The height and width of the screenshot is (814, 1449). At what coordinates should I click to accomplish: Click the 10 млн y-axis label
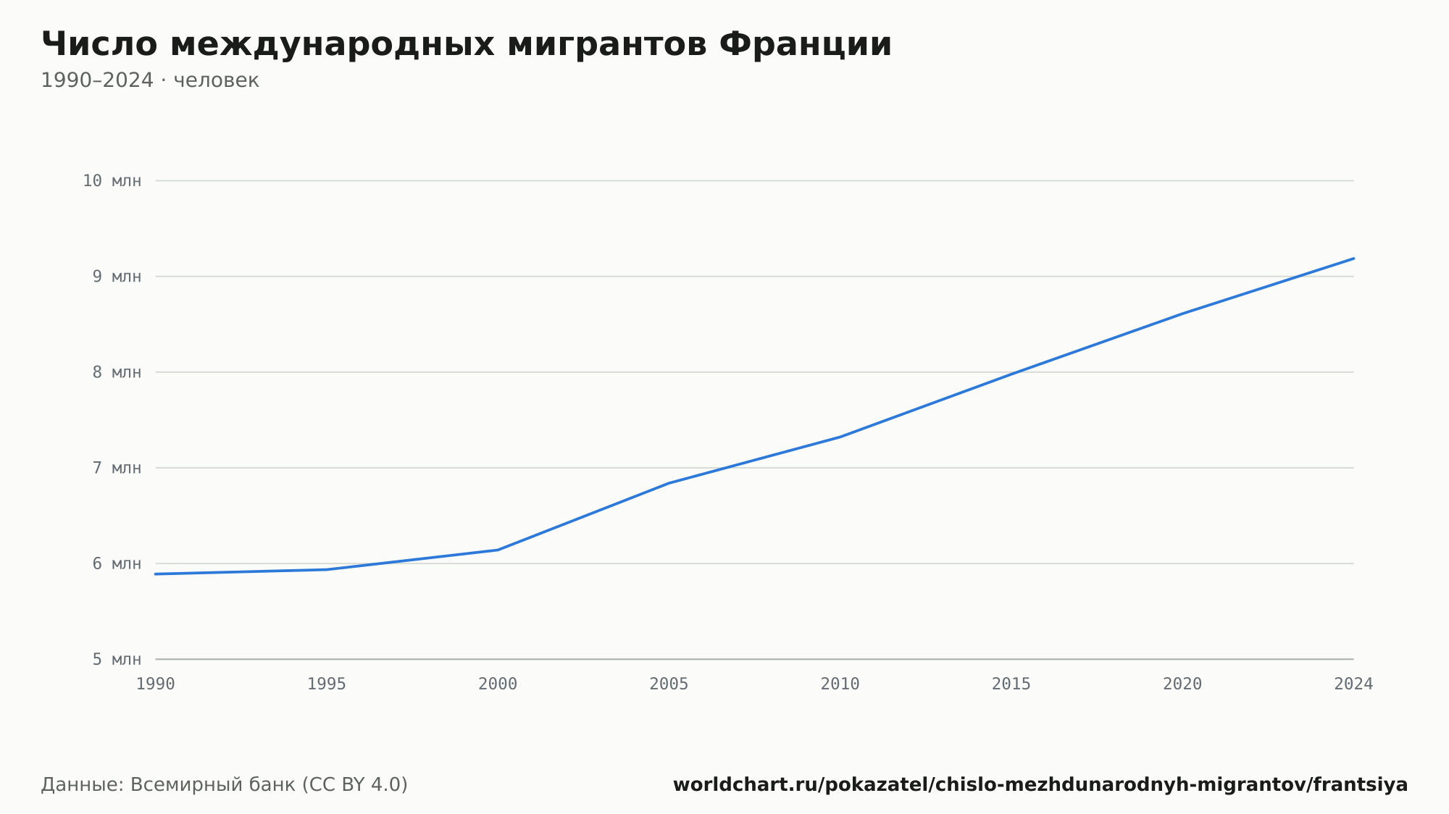[112, 181]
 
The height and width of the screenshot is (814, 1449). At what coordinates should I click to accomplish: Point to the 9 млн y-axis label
[117, 277]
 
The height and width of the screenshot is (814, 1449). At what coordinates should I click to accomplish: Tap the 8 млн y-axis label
[117, 372]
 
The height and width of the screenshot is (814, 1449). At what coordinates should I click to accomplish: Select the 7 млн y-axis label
[117, 468]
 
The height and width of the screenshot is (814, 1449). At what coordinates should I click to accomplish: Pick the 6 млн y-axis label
[117, 563]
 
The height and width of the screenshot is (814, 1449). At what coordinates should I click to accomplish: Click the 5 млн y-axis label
[117, 659]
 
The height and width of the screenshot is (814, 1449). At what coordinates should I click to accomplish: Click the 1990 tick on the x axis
[156, 684]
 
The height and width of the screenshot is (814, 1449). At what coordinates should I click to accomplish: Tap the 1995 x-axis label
[327, 684]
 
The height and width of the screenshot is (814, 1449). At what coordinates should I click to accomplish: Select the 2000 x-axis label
[498, 684]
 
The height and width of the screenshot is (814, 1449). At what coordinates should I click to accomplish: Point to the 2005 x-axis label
[669, 684]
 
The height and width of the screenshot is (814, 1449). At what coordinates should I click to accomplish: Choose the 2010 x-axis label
[840, 684]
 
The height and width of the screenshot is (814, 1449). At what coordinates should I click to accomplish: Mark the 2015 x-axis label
[1011, 684]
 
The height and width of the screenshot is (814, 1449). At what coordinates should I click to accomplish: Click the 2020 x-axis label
[1182, 684]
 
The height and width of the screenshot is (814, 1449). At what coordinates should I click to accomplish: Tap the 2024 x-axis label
[1353, 684]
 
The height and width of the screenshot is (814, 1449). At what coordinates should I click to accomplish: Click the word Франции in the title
[806, 45]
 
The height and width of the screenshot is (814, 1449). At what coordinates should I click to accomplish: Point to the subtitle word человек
[217, 80]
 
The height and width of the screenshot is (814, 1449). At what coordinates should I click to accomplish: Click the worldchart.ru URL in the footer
[1040, 785]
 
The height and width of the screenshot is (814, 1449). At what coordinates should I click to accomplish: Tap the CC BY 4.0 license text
[354, 785]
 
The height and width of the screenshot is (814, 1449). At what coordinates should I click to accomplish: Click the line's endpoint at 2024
[1353, 259]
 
